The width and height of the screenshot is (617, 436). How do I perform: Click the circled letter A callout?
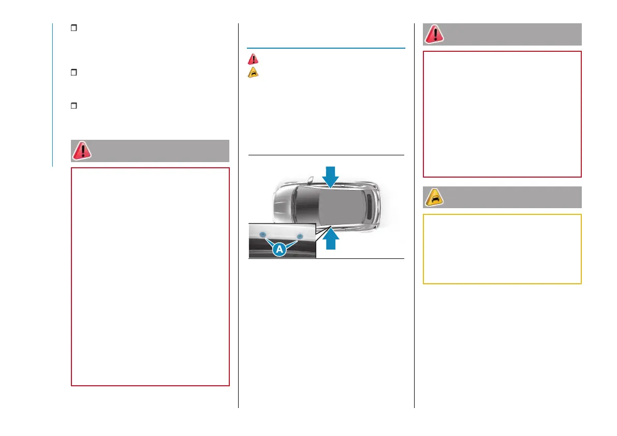(280, 249)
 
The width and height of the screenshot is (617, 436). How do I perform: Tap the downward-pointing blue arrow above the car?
(330, 177)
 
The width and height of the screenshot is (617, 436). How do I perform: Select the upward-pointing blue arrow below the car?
(330, 238)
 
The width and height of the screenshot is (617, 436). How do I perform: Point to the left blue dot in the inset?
(262, 234)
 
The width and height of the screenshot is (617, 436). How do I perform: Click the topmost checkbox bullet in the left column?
(74, 27)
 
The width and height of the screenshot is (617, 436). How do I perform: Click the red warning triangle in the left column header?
(82, 151)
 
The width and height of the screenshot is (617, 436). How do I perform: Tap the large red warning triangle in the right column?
(434, 34)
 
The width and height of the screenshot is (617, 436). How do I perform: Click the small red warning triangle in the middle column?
(253, 59)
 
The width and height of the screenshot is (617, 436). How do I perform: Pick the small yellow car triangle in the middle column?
(253, 72)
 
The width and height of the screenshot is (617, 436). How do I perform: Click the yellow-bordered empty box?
(502, 249)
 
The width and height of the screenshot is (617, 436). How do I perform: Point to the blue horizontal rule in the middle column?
(326, 48)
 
